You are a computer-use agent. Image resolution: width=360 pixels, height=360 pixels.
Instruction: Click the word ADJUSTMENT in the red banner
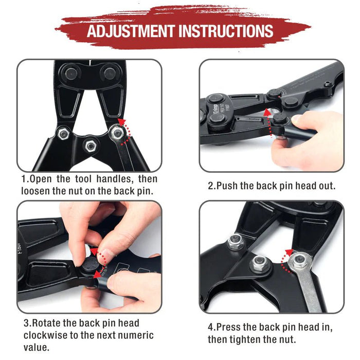point(130,31)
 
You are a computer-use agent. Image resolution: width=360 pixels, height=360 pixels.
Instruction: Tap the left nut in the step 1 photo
point(64,133)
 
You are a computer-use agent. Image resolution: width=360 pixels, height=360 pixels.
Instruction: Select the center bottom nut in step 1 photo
point(91,146)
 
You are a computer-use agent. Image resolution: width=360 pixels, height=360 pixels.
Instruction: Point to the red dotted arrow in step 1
point(125,130)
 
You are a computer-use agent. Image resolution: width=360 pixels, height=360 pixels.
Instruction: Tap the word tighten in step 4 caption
point(244,339)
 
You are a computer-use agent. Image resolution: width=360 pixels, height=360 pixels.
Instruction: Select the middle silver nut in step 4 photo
point(259,264)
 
